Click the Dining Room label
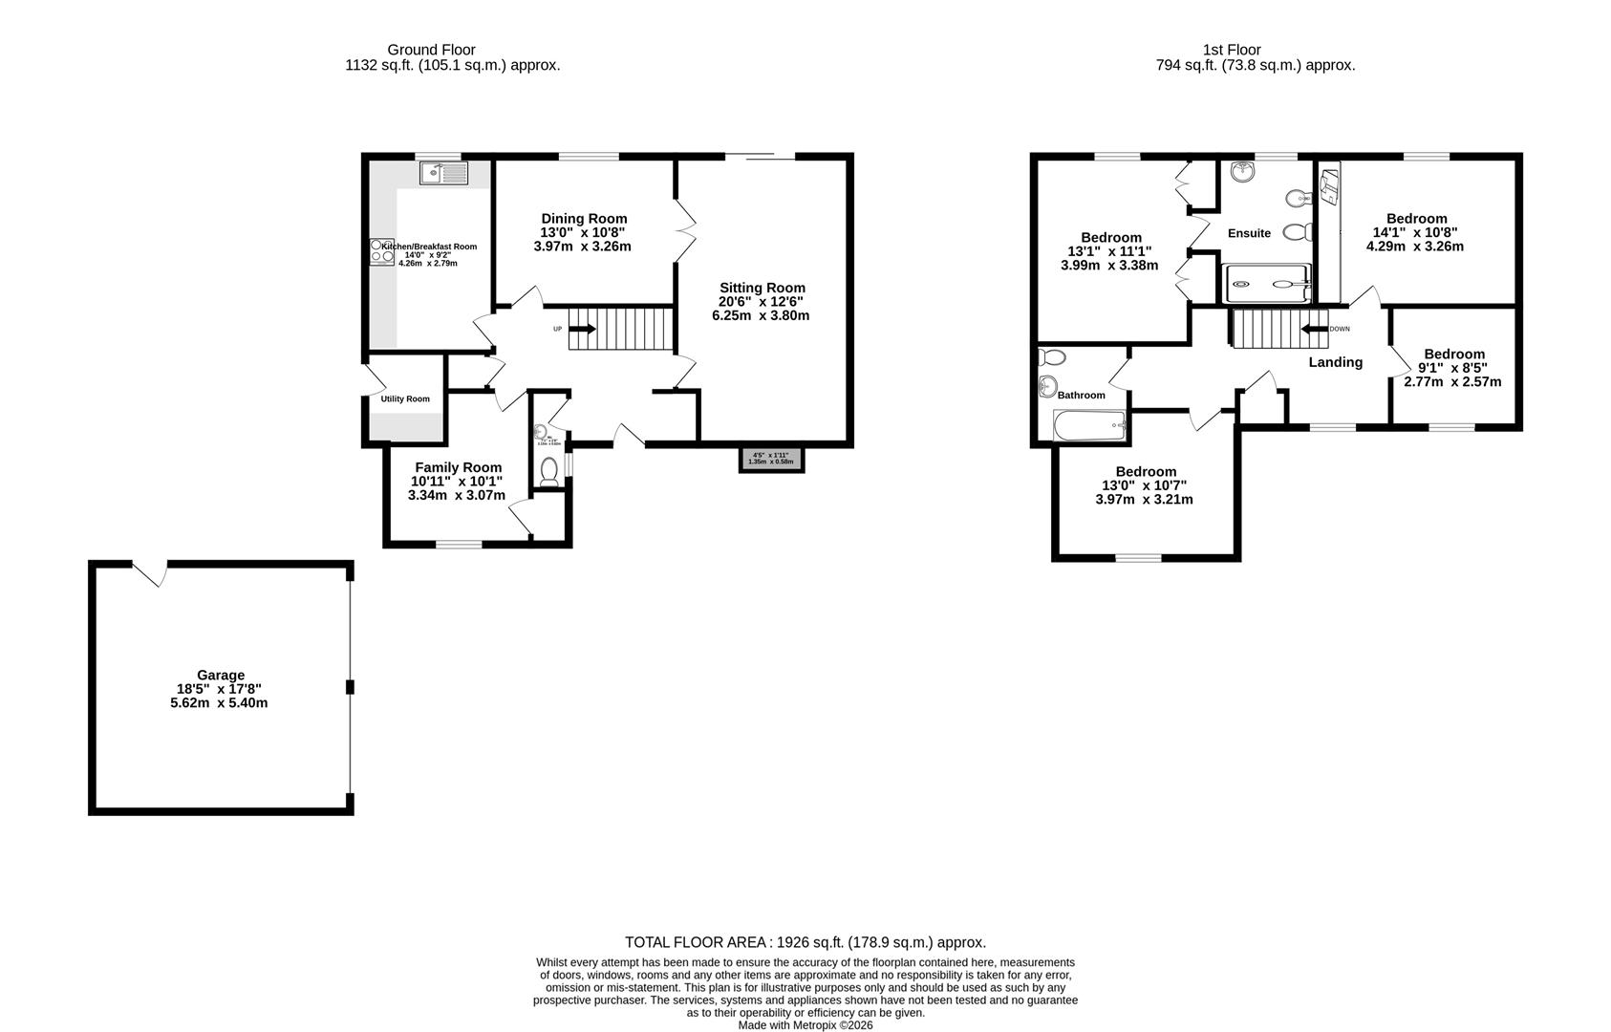[584, 219]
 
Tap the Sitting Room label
[762, 288]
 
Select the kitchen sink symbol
[443, 173]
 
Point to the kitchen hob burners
[376, 252]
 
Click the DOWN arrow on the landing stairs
[1314, 329]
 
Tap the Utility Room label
[405, 398]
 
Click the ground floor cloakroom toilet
[549, 472]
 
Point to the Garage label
[221, 675]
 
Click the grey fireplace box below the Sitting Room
[771, 459]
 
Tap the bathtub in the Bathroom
[1089, 425]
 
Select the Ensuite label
[1249, 233]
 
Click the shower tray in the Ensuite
[1267, 283]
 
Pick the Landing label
[1335, 362]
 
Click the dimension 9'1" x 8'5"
[1452, 368]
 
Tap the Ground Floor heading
[431, 50]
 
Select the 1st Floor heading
[1232, 50]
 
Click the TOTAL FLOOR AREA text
[805, 942]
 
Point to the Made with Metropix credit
[805, 1025]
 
